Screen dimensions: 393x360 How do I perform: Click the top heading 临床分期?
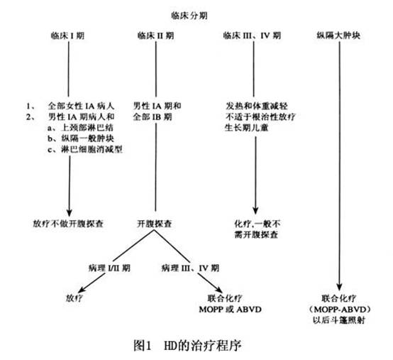(x=189, y=16)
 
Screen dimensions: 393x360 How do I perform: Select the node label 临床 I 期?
(x=67, y=36)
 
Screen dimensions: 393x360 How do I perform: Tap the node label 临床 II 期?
(x=155, y=36)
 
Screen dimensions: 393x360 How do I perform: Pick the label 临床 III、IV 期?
(x=252, y=36)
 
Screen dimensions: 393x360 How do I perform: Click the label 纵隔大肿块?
(x=338, y=36)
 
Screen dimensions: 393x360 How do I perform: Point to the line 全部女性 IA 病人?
(x=81, y=106)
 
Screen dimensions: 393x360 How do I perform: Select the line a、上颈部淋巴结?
(x=80, y=128)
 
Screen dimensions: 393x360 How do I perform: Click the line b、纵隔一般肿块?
(x=81, y=138)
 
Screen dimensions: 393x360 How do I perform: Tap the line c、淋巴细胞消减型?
(x=85, y=150)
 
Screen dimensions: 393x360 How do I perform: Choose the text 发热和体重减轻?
(x=257, y=106)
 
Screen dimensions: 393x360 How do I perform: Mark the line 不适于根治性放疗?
(x=260, y=117)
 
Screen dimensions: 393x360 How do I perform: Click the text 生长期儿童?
(x=247, y=128)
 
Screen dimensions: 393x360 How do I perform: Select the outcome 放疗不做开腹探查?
(x=68, y=224)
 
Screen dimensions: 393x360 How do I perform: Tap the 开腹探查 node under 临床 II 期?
(x=155, y=224)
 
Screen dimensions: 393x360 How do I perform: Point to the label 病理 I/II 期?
(x=109, y=268)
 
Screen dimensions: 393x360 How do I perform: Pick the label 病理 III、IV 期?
(x=190, y=268)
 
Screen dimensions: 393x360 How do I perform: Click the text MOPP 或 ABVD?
(x=230, y=310)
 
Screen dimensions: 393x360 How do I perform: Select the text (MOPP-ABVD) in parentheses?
(x=340, y=310)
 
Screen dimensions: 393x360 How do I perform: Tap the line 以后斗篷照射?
(x=339, y=320)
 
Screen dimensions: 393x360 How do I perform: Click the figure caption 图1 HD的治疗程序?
(x=187, y=346)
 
